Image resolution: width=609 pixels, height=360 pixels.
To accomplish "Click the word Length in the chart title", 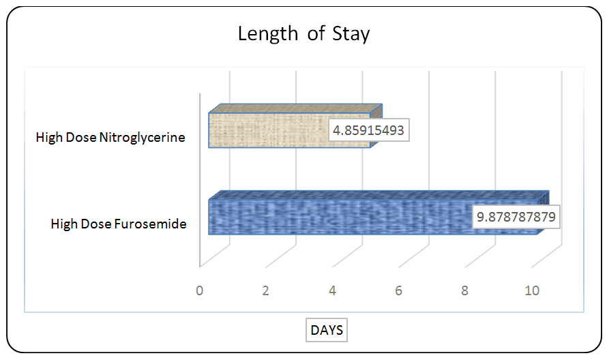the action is (267, 33).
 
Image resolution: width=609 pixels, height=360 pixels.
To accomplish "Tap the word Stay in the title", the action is (351, 34).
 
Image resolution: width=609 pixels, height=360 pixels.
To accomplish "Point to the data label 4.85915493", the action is (368, 130).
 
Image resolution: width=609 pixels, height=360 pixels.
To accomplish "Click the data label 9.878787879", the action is (516, 217).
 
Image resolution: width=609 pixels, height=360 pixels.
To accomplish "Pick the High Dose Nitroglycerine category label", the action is (110, 138).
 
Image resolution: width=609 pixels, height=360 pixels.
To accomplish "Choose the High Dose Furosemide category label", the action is (119, 224).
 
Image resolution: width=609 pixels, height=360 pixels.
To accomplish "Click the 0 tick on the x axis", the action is (199, 290).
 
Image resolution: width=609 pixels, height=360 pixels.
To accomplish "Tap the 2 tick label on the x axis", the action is (266, 290).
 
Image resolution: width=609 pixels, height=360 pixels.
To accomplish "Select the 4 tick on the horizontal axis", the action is (332, 290).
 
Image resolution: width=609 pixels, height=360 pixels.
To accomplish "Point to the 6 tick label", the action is (398, 290).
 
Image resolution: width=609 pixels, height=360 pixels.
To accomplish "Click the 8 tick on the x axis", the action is (465, 290).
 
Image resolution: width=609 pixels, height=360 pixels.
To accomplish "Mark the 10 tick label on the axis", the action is (532, 290).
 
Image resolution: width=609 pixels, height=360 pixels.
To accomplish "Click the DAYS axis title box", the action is (327, 330).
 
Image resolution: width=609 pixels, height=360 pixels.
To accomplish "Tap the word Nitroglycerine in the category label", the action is (142, 138).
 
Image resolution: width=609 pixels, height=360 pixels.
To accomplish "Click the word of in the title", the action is (316, 33).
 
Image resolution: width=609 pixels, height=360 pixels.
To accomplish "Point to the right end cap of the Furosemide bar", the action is (544, 213).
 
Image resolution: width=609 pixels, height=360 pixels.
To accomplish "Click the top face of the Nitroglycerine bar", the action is (295, 108).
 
